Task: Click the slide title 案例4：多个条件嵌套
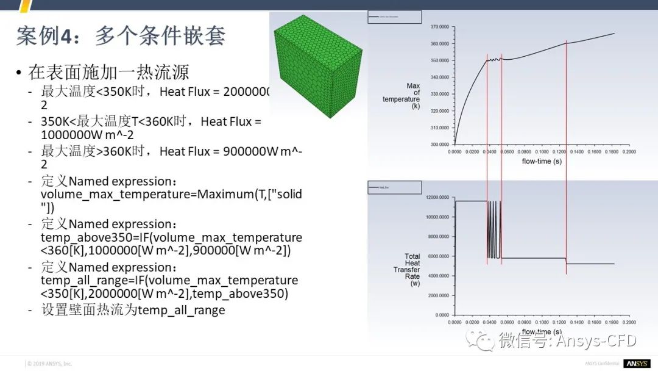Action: pos(121,36)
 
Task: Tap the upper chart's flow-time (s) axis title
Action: pos(542,162)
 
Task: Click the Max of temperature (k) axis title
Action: pos(405,96)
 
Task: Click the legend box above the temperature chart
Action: pos(394,16)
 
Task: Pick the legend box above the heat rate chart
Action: pos(394,187)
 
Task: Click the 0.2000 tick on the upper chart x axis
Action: pos(628,151)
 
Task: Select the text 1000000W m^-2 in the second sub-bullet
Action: pos(87,135)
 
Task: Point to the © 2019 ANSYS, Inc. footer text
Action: pos(49,364)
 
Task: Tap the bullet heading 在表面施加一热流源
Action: pos(108,73)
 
